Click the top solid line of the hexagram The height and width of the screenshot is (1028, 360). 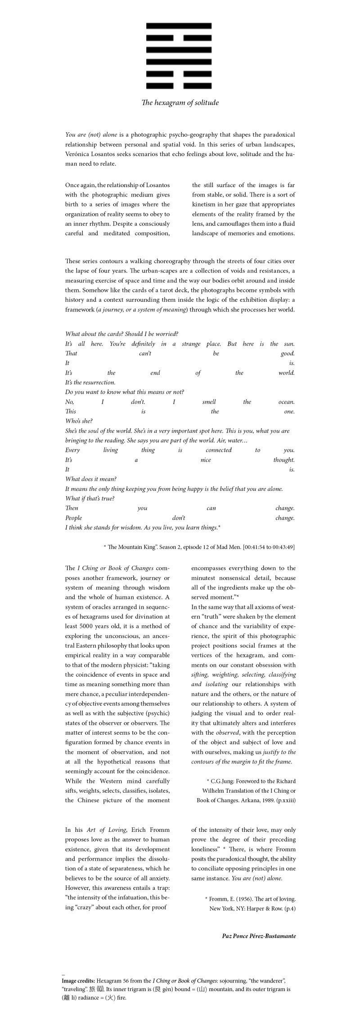coord(179,26)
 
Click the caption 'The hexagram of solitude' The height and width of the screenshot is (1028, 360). coord(180,103)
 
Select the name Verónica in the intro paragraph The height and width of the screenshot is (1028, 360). coord(76,154)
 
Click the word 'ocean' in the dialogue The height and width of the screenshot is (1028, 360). coord(286,402)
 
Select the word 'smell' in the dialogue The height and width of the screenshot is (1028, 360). coord(209,402)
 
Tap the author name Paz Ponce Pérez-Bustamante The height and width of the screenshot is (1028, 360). coord(259,936)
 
